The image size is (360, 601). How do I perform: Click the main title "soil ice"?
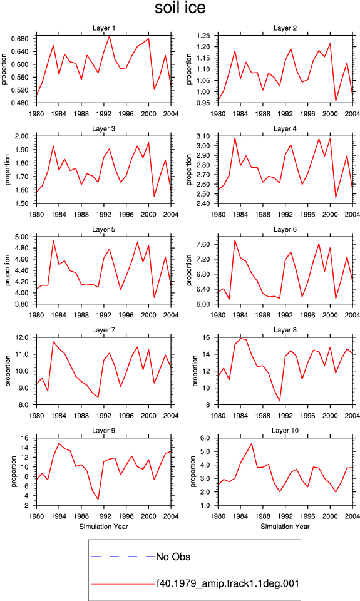click(x=180, y=8)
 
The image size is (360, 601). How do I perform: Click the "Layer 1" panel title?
click(x=103, y=28)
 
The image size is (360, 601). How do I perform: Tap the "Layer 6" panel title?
click(x=285, y=229)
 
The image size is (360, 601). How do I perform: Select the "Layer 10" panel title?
click(x=285, y=431)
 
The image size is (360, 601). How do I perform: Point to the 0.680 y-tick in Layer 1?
click(x=21, y=39)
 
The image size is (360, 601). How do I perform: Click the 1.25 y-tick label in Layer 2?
click(x=203, y=36)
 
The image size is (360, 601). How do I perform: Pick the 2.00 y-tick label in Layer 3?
click(x=22, y=136)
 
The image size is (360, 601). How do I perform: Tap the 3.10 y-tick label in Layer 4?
click(x=203, y=136)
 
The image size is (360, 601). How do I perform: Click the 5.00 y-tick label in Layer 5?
click(x=22, y=237)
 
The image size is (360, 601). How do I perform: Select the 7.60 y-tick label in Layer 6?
click(x=203, y=244)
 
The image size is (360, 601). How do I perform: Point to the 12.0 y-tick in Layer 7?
click(x=22, y=337)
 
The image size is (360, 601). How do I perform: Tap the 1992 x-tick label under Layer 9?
click(x=103, y=516)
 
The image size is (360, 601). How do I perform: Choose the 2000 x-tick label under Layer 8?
click(x=330, y=416)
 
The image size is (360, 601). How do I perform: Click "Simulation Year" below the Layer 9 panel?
click(x=103, y=527)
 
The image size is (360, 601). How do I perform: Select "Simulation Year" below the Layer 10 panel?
click(x=285, y=527)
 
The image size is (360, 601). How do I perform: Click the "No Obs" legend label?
click(x=173, y=557)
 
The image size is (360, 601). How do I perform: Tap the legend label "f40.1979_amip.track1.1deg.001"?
click(x=227, y=583)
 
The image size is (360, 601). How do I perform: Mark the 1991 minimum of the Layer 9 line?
click(x=98, y=499)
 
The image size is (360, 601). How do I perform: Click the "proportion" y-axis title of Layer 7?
click(x=8, y=371)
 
